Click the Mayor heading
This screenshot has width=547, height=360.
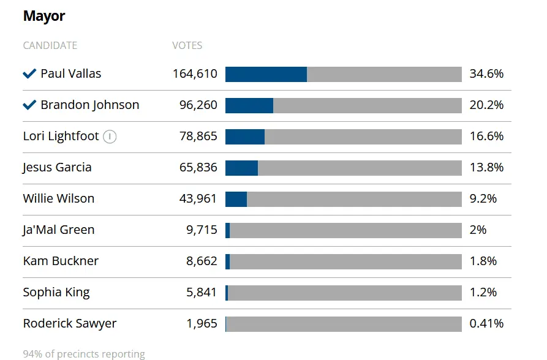coord(44,16)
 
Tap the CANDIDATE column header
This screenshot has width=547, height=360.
coord(50,45)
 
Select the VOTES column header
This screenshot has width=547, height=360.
coord(187,45)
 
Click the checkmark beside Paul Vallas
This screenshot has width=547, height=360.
coord(29,74)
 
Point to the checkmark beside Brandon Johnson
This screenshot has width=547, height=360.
coord(29,105)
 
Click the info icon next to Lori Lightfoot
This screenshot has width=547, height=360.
coord(110,137)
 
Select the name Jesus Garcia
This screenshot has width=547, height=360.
coord(57,167)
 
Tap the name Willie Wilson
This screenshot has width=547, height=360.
coord(59,198)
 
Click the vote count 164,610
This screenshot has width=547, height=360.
coord(195,74)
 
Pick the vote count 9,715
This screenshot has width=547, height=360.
coord(202,230)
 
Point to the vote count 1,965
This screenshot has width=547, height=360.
coord(202,323)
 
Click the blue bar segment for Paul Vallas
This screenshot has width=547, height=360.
coord(266,74)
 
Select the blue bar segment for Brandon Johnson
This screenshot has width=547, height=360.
coord(249,105)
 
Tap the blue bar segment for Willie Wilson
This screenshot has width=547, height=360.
coord(236,198)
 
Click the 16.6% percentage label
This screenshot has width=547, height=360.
coord(486,137)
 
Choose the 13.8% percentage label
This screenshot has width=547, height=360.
coord(486,167)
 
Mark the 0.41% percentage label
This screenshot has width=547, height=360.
coord(486,323)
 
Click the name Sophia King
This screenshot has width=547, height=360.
coord(56,292)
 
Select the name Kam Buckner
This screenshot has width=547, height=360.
coord(61,261)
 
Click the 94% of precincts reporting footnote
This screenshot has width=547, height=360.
coord(84,354)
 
